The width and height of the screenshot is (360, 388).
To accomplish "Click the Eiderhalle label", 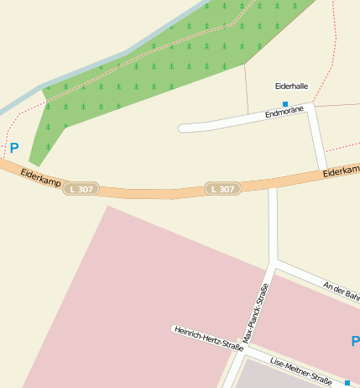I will [x=291, y=86].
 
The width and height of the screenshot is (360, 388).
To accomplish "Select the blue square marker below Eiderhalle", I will [x=285, y=104].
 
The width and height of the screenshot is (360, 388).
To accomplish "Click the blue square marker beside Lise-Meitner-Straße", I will [x=347, y=382].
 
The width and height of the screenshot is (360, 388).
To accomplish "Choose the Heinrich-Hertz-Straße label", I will [x=209, y=338].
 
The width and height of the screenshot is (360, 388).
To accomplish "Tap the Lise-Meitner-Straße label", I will [x=300, y=370].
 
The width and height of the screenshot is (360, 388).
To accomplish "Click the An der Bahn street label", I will [x=342, y=290].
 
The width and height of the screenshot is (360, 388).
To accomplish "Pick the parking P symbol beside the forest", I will [x=13, y=148].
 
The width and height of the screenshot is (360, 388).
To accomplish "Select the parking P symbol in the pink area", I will [x=354, y=341].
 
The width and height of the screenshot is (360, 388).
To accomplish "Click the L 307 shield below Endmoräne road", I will [x=223, y=189].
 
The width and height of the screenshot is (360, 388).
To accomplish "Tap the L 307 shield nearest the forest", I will [x=84, y=188].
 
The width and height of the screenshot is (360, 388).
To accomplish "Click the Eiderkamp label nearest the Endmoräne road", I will [x=341, y=172].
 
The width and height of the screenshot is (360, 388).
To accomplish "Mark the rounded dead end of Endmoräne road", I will [x=183, y=128].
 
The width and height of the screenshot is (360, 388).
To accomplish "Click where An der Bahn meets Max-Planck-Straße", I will [x=274, y=263].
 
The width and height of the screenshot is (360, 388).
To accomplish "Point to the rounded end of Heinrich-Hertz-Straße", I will [x=175, y=328].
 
